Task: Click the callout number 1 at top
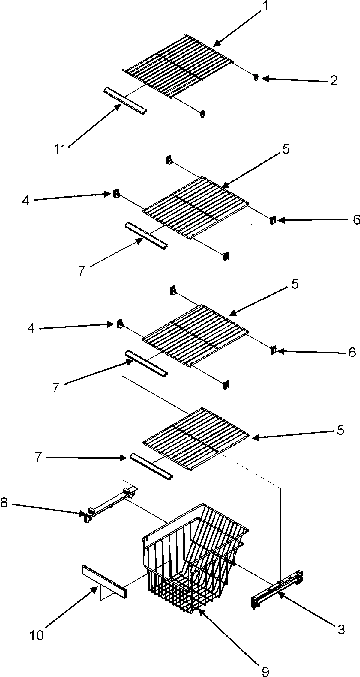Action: coord(265,7)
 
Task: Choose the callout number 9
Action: coord(265,669)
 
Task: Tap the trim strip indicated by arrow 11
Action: coord(124,101)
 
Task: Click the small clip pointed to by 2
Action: coord(256,77)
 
